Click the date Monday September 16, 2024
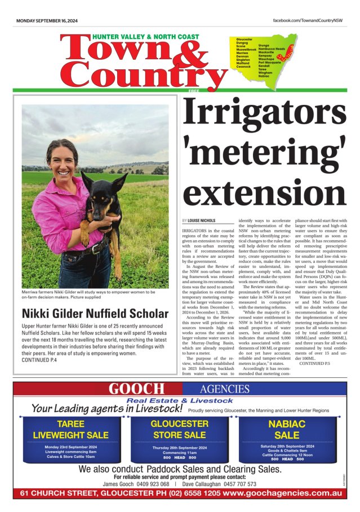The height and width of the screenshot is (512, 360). pyautogui.click(x=46, y=20)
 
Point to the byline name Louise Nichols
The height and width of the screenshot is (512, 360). pyautogui.click(x=202, y=220)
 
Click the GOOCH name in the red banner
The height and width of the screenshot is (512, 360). pyautogui.click(x=137, y=389)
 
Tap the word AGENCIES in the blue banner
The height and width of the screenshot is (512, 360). pyautogui.click(x=224, y=389)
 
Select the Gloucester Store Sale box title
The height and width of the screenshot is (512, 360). pyautogui.click(x=179, y=429)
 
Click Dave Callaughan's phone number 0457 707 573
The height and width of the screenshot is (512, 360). pyautogui.click(x=235, y=484)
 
